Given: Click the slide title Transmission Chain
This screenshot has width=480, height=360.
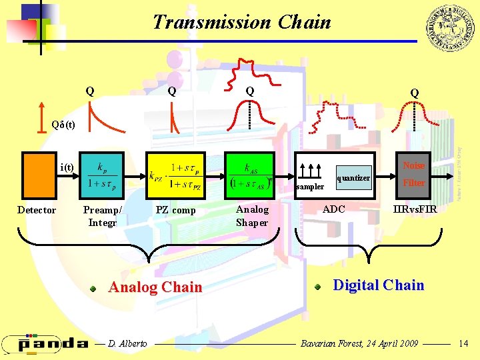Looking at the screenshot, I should tap(241, 22).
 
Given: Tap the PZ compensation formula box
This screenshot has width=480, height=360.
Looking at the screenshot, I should tap(175, 175).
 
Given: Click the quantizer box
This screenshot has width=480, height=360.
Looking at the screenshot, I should tap(353, 178).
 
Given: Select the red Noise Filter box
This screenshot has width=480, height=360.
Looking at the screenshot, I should tap(413, 175).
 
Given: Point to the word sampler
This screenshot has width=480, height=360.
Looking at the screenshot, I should tap(310, 187).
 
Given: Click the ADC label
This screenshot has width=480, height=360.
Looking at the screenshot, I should tap(334, 209).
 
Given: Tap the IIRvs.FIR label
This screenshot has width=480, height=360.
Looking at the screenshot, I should tap(415, 209).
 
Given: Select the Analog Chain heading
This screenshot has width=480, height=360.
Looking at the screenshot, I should tap(155, 287).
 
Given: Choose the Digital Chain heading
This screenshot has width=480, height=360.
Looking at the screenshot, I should tap(378, 285).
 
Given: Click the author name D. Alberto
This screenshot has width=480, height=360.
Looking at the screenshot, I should tap(127, 343).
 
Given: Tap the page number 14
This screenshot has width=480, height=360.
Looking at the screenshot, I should tap(464, 343).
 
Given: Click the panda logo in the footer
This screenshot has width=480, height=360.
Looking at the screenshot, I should tap(45, 343).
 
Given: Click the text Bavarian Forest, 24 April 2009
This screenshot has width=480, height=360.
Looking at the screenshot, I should tap(359, 343).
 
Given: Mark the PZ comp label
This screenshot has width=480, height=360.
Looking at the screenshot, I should tap(175, 211).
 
